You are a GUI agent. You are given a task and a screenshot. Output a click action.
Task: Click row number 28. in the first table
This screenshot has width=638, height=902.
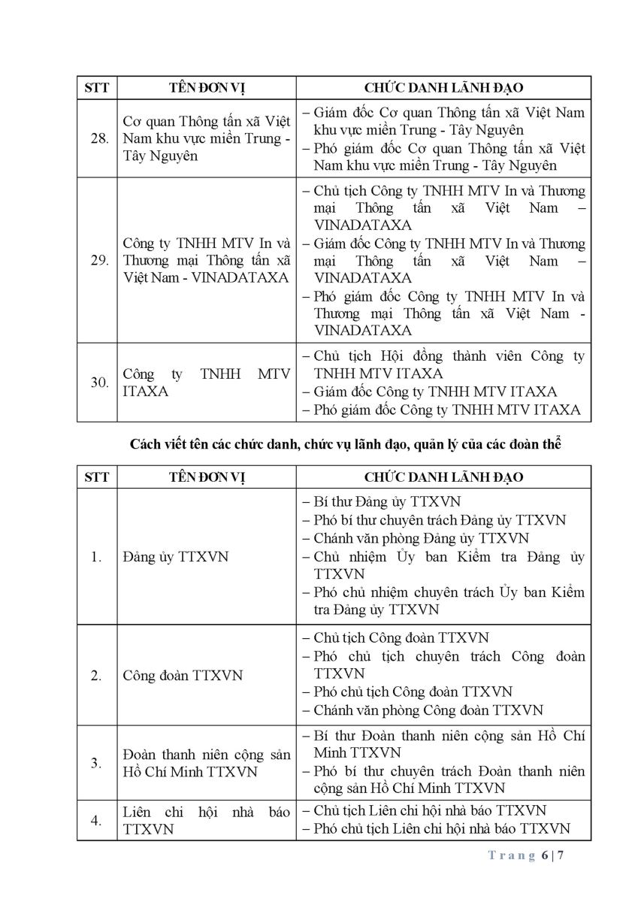point(99,139)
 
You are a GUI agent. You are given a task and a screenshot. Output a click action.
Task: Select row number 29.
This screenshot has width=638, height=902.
point(99,261)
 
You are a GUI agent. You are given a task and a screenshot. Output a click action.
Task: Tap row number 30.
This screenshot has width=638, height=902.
point(99,383)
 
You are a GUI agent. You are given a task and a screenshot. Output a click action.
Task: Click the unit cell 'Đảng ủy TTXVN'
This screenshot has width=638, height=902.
point(176,557)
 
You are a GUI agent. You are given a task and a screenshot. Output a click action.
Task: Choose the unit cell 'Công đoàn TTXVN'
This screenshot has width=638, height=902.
point(183,675)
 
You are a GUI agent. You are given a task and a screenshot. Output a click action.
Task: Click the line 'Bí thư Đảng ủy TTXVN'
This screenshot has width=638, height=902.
point(386,501)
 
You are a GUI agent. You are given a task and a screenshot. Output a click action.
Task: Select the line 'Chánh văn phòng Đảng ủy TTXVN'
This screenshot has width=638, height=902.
point(421,538)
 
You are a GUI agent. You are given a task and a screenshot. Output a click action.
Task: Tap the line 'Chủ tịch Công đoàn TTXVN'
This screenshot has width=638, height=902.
point(401,638)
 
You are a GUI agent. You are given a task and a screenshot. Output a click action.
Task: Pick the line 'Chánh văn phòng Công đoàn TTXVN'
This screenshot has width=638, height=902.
point(428,710)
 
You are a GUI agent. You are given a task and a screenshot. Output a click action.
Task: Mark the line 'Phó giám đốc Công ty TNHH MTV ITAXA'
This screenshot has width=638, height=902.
point(446,410)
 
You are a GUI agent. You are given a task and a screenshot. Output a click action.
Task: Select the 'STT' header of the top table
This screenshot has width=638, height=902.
point(97,88)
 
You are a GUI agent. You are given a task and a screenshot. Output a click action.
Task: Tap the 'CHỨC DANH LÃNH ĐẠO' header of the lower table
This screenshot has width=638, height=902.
point(443,477)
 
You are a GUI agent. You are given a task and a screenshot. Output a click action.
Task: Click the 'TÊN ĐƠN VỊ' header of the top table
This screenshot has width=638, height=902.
point(206,88)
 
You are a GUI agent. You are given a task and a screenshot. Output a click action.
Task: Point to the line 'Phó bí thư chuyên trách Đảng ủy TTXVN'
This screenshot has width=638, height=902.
point(439,520)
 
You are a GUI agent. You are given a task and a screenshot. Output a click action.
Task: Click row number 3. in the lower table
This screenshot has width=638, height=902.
point(96,762)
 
